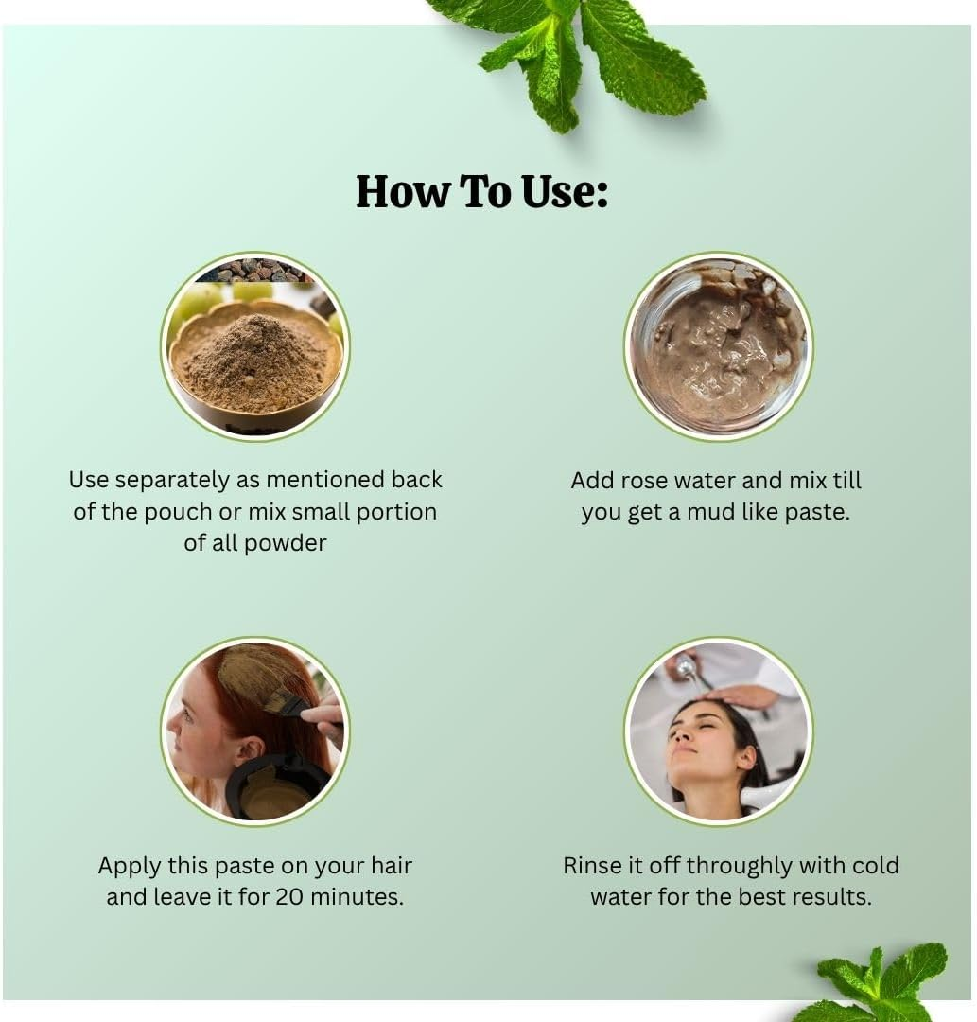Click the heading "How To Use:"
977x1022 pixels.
pos(481,191)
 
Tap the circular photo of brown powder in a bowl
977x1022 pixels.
pos(255,346)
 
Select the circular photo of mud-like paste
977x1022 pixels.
pos(718,346)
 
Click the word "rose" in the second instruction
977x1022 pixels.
pos(647,481)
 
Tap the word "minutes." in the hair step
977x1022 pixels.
pos(360,896)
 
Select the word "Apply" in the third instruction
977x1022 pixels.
pos(130,865)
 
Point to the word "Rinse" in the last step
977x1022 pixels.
pos(594,865)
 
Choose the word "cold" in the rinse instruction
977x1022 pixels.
pos(876,865)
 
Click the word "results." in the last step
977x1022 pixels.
pos(829,896)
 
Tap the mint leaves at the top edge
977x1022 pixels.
pos(577,52)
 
